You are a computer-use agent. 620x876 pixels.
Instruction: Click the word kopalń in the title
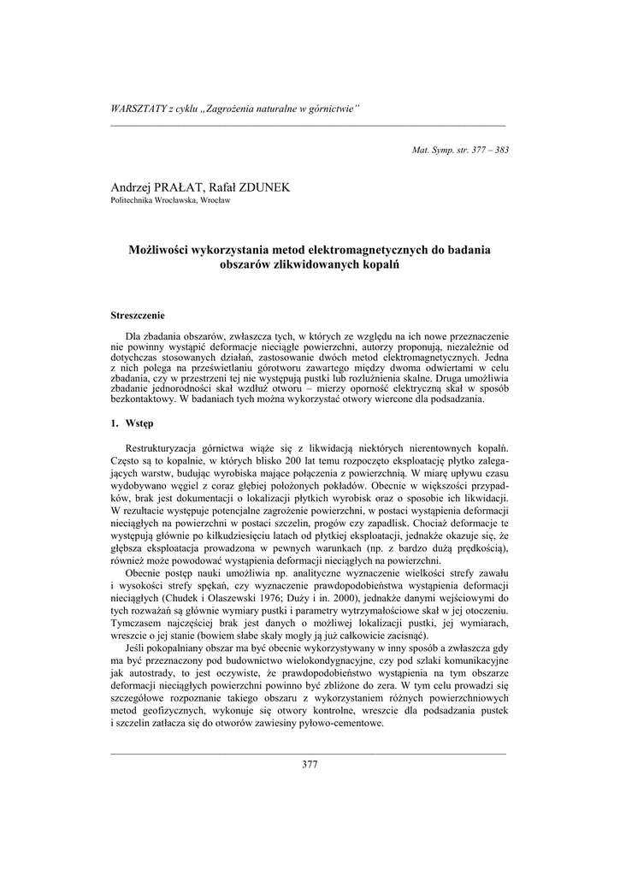click(384, 264)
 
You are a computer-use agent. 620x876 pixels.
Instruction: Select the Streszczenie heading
click(141, 317)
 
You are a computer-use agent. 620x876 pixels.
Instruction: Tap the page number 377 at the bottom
click(310, 764)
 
